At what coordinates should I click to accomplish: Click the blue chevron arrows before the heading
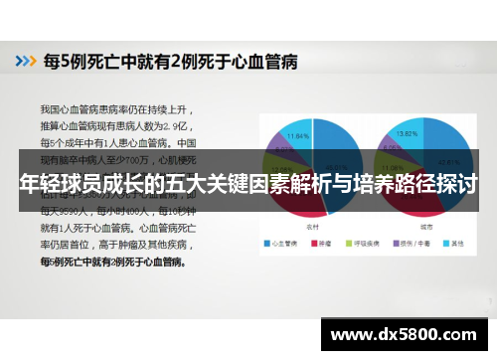pyautogui.click(x=23, y=62)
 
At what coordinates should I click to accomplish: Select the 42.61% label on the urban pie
pyautogui.click(x=446, y=159)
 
